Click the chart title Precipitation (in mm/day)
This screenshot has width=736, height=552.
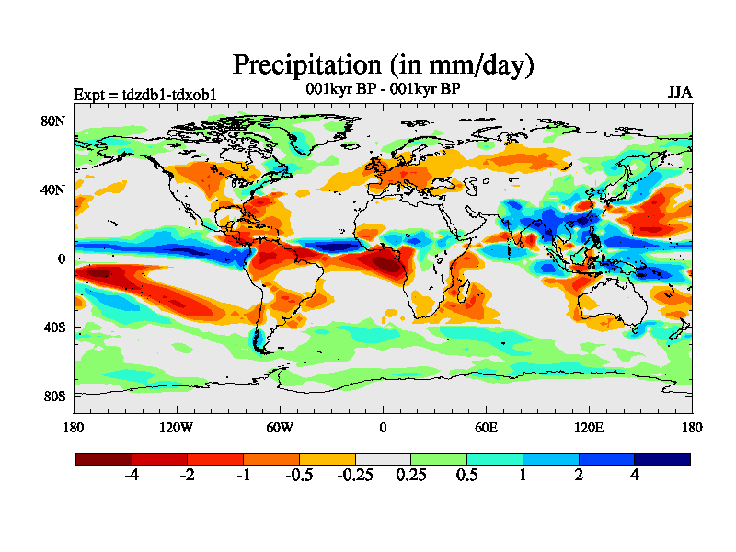tap(383, 65)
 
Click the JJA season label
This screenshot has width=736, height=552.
tap(680, 93)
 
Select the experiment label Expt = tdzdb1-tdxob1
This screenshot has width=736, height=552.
tap(145, 95)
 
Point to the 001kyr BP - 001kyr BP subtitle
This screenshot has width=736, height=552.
tap(383, 89)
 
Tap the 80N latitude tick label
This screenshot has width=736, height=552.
tap(54, 121)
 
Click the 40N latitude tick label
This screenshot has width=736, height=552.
tap(54, 190)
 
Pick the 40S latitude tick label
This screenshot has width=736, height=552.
tap(54, 327)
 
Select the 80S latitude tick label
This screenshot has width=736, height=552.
tap(54, 396)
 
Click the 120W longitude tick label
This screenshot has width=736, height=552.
tap(177, 427)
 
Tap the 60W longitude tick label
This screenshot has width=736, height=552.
tap(280, 427)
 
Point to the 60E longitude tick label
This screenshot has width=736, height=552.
tap(486, 427)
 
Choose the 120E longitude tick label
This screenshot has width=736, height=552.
tap(589, 427)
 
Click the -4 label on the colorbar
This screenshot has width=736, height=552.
tap(132, 476)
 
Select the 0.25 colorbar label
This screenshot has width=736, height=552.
tap(410, 476)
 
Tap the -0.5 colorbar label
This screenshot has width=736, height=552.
tap(299, 476)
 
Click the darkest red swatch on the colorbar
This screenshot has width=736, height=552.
tap(104, 458)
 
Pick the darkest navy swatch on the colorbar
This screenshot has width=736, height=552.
tap(661, 458)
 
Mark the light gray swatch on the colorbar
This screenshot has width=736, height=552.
tap(383, 458)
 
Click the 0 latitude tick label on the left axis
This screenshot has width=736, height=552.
tap(62, 259)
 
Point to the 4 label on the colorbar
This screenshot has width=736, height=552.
tap(634, 476)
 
